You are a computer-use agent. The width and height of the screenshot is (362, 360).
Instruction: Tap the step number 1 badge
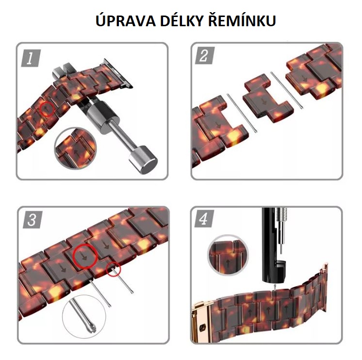click(x=31, y=58)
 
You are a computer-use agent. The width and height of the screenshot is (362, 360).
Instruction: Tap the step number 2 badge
click(x=205, y=56)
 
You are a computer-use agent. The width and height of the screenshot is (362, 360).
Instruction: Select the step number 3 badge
click(x=33, y=220)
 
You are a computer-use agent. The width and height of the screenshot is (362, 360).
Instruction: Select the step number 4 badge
click(x=204, y=219)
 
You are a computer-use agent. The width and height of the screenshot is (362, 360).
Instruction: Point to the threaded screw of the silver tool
click(x=120, y=137)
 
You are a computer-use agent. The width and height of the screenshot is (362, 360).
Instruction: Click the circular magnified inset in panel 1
click(x=75, y=148)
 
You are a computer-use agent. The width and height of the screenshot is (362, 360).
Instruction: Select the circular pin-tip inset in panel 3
click(x=84, y=317)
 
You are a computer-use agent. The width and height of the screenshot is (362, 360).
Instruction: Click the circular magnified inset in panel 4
click(x=228, y=256)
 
